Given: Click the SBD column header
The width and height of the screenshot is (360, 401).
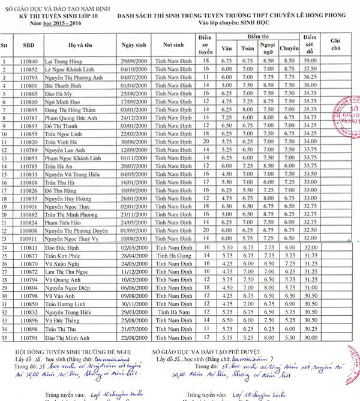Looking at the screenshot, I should pyautogui.click(x=28, y=46).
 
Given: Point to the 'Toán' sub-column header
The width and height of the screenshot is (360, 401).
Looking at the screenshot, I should pyautogui.click(x=247, y=48).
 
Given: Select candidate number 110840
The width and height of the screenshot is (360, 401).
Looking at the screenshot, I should pyautogui.click(x=28, y=61).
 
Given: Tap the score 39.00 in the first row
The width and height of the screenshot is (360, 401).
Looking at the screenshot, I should pyautogui.click(x=310, y=61).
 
